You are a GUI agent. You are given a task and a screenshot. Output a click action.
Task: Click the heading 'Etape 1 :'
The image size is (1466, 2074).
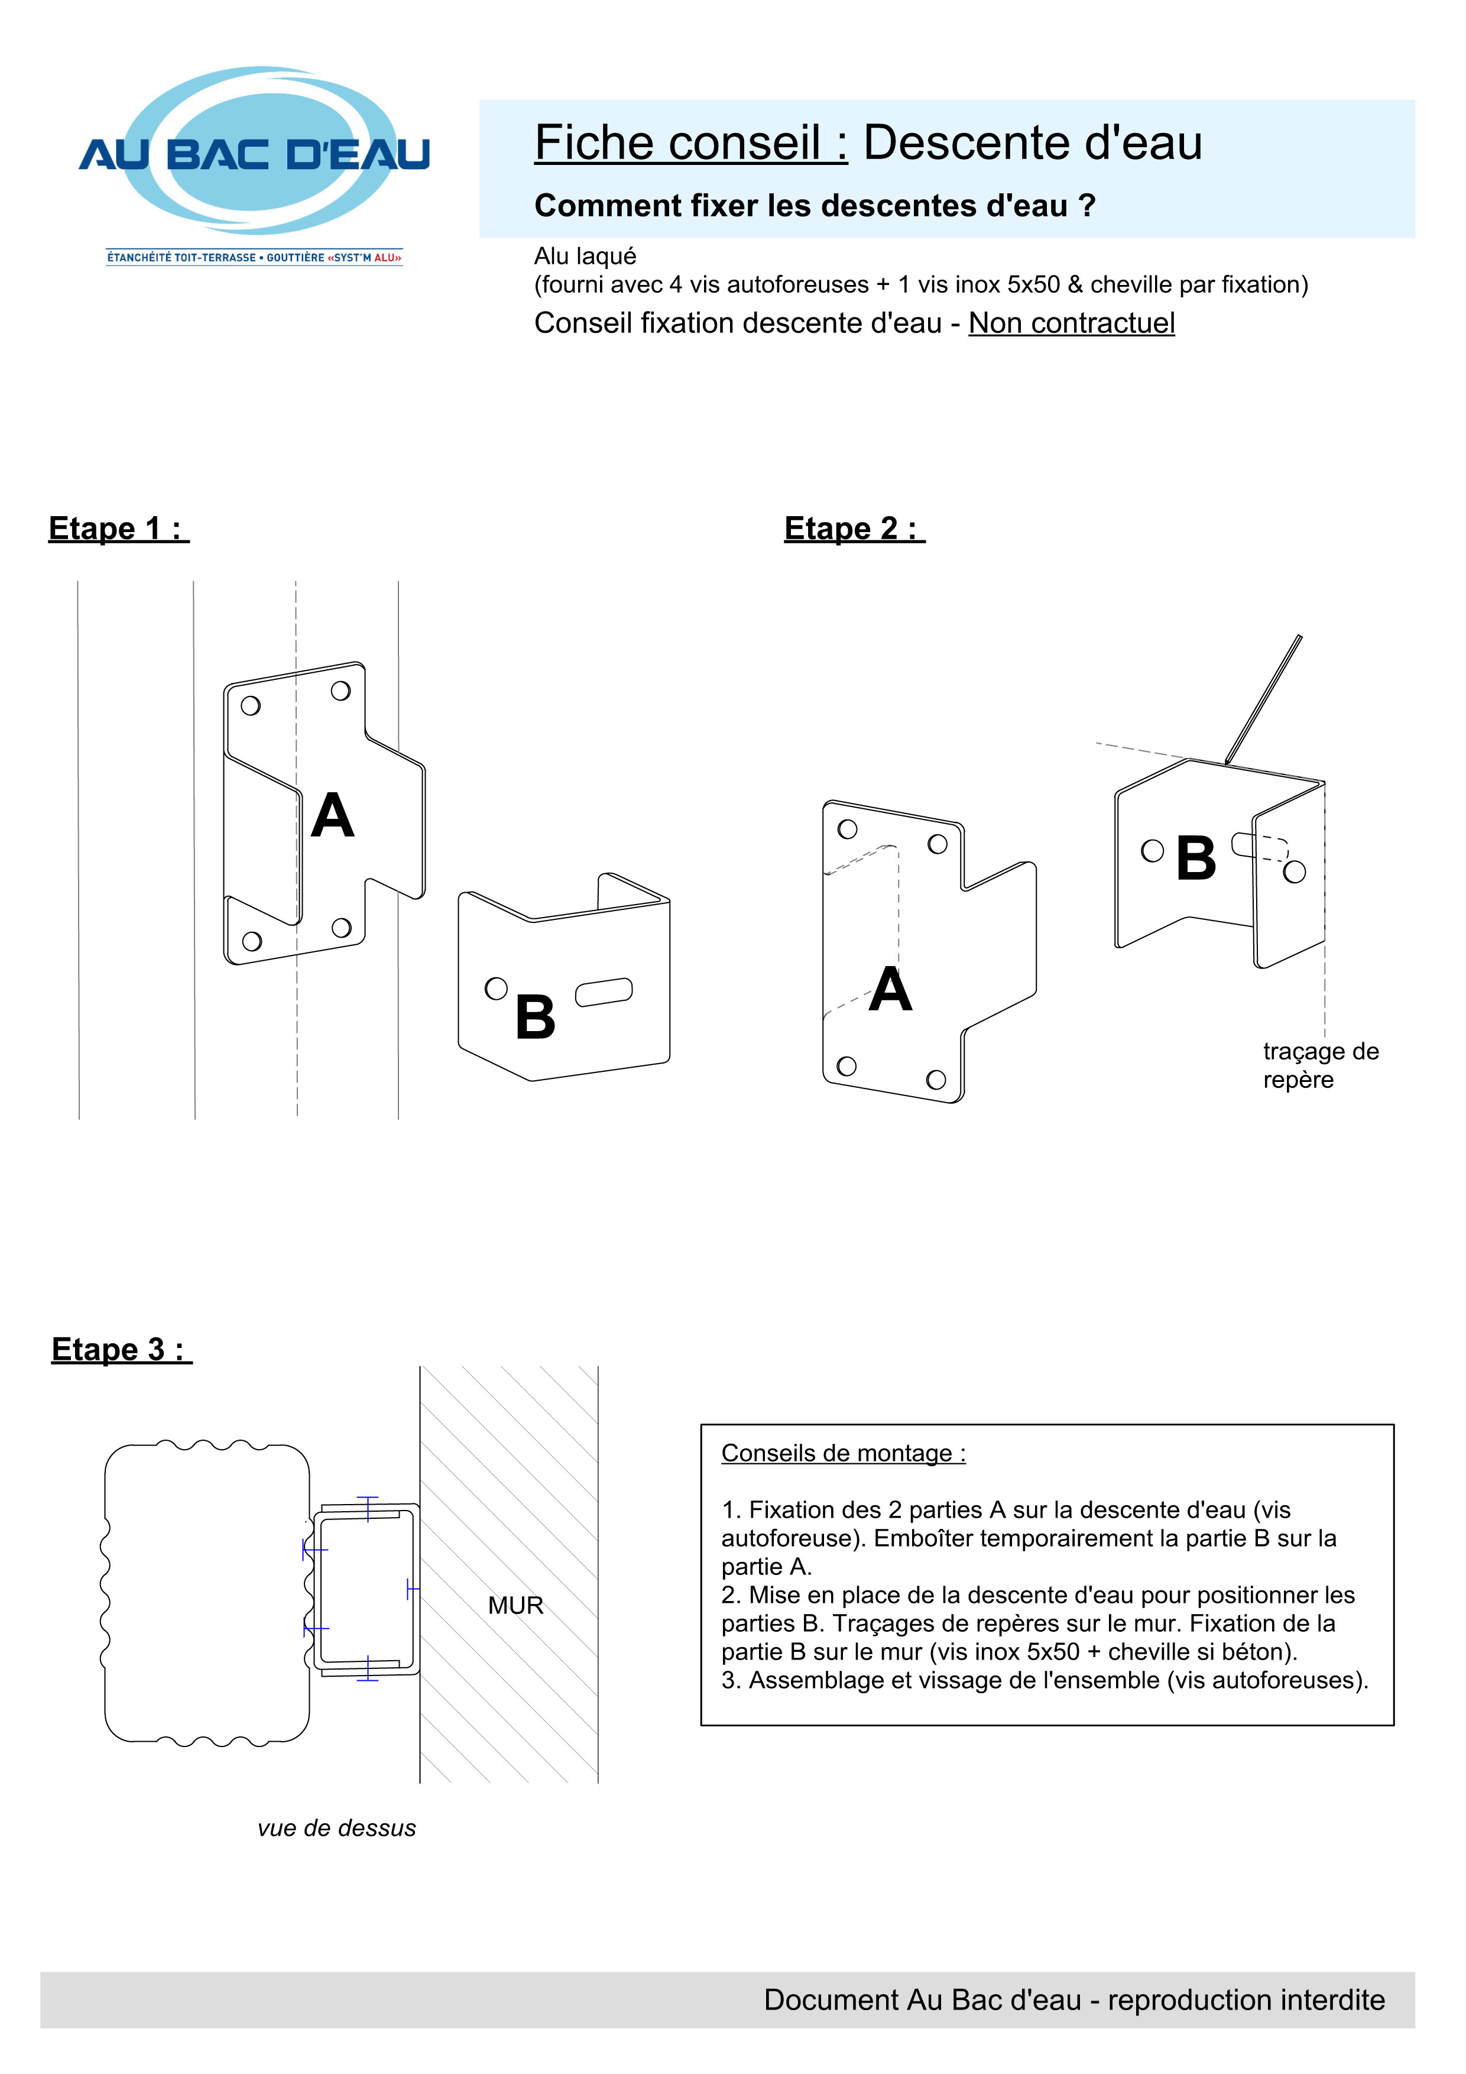[118, 529]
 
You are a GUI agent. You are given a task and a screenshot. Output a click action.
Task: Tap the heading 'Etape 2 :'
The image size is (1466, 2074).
[854, 529]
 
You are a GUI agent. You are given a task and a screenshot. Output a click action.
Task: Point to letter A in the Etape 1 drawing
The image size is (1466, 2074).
[332, 816]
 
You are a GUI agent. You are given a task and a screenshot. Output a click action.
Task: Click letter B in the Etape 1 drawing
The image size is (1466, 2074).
[535, 1017]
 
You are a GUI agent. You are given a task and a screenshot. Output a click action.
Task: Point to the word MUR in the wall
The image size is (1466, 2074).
[516, 1605]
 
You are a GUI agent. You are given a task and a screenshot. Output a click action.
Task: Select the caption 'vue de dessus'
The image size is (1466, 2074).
[336, 1827]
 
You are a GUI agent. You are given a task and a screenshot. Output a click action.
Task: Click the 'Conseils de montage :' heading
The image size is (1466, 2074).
[843, 1453]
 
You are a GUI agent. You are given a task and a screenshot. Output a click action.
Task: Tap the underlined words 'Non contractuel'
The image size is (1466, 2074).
[1071, 323]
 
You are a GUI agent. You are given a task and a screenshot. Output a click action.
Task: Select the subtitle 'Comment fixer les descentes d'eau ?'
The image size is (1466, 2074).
[815, 206]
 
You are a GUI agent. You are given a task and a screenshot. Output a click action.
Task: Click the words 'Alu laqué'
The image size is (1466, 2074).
[585, 257]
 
